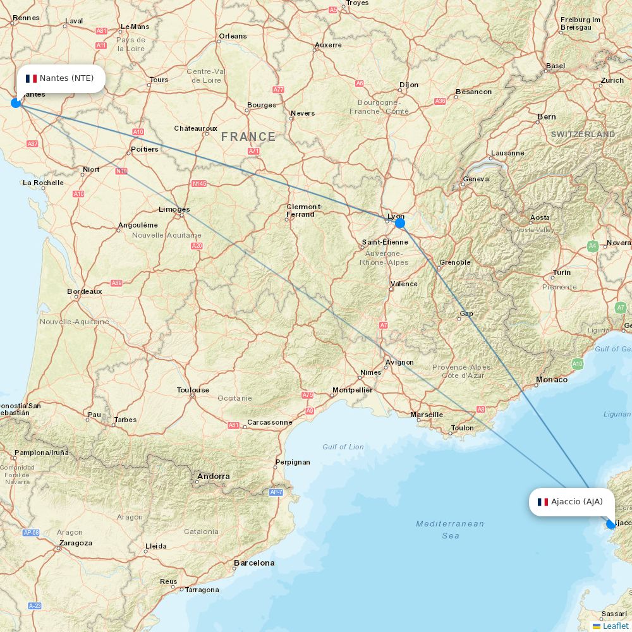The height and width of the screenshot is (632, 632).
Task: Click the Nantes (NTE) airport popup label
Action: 61,78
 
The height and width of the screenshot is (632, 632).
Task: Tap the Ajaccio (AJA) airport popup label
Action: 571,502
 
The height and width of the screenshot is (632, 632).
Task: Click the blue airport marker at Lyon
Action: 399,222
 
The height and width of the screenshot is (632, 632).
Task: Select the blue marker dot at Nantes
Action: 16,102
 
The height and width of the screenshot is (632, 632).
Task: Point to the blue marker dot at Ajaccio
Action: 611,524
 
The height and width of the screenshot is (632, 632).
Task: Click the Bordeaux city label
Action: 85,291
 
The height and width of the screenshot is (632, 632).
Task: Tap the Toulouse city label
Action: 193,390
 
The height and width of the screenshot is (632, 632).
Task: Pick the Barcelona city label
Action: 254,562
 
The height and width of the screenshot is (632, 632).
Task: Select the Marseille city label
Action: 427,415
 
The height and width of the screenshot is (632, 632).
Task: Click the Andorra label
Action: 214,476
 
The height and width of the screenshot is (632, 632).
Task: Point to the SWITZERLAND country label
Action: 583,135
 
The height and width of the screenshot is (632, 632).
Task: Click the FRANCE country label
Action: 248,137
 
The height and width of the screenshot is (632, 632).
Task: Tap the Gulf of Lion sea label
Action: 343,447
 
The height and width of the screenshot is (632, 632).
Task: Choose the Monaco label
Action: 552,380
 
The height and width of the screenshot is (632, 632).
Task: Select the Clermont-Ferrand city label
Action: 305,210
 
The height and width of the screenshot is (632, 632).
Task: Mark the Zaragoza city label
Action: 75,543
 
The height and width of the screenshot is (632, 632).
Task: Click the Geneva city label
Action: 476,179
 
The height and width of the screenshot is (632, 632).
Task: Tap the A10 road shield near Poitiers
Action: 138,131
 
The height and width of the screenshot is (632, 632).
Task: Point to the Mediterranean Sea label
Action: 450,530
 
